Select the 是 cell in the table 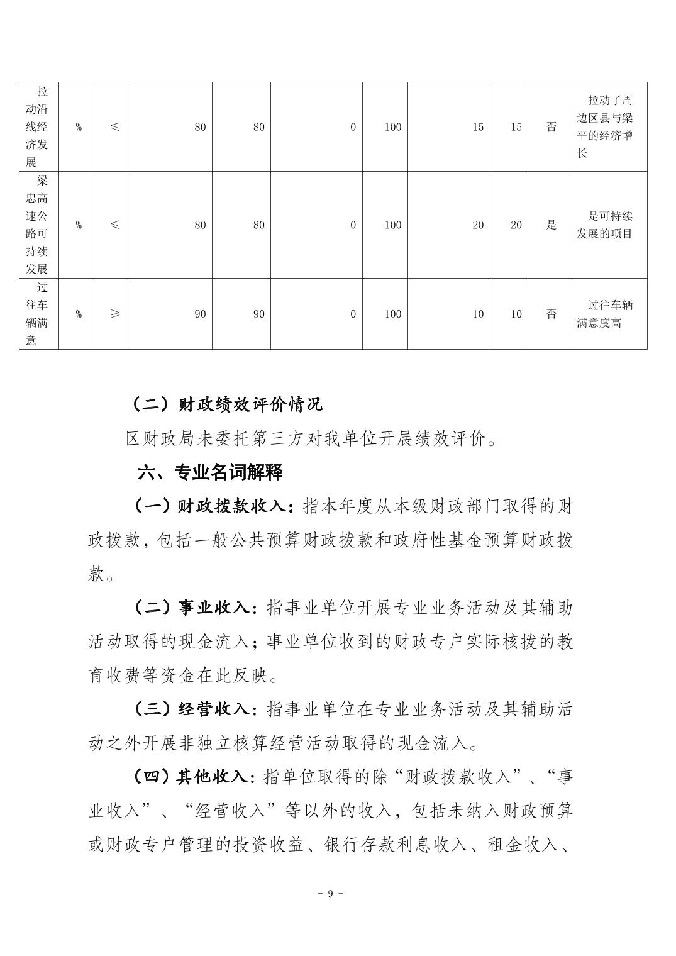click(x=551, y=225)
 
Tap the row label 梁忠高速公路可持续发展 click(x=42, y=225)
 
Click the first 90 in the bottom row click(x=200, y=314)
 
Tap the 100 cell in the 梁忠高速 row click(x=392, y=225)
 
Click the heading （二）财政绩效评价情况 click(x=226, y=404)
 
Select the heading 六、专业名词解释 click(x=211, y=472)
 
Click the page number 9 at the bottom click(x=330, y=894)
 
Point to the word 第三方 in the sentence click(x=285, y=438)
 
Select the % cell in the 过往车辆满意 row click(x=79, y=314)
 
